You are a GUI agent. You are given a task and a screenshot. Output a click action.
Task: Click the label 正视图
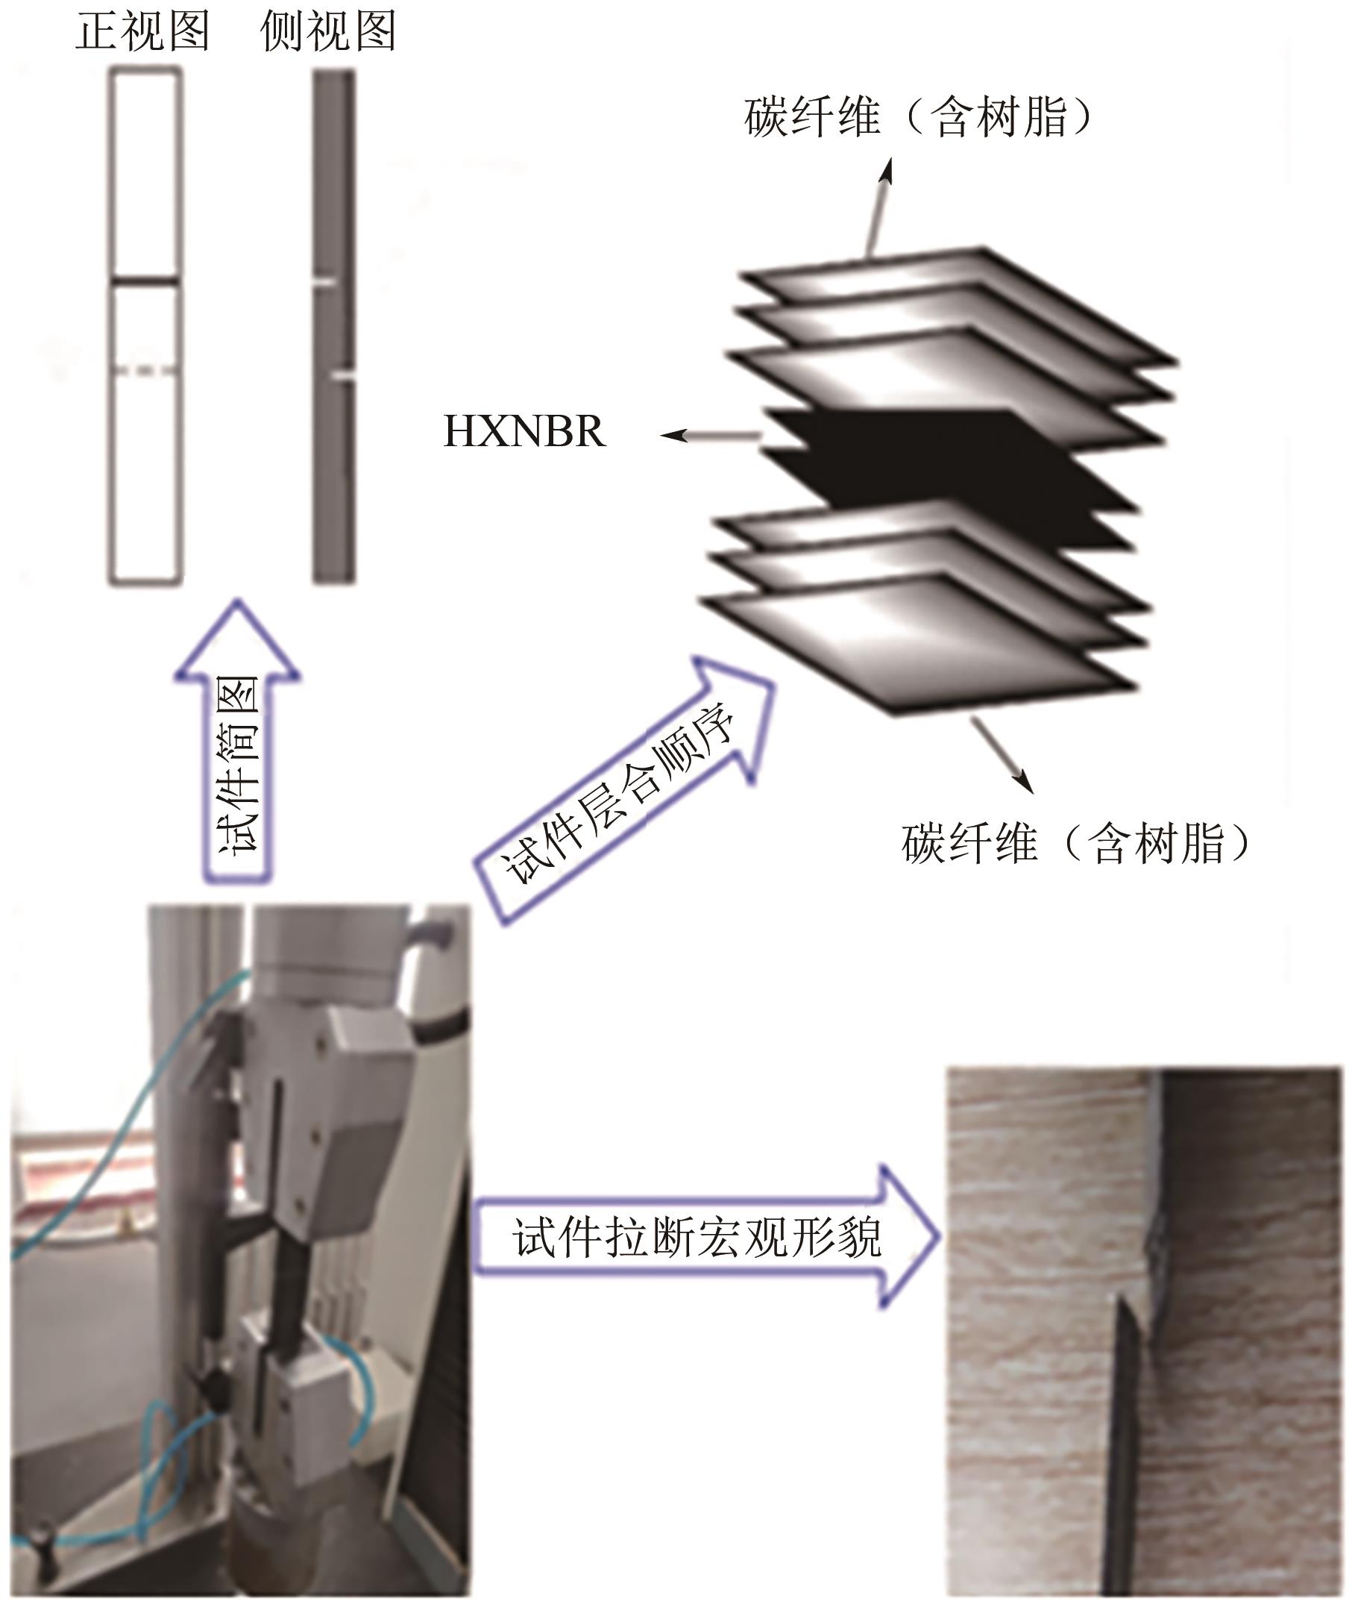pyautogui.click(x=143, y=32)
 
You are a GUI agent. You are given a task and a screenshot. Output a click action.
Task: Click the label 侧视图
pyautogui.click(x=328, y=32)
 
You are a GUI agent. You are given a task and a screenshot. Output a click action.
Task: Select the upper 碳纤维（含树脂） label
pyautogui.click(x=918, y=118)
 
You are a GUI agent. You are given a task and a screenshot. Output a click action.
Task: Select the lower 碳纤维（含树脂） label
pyautogui.click(x=1075, y=843)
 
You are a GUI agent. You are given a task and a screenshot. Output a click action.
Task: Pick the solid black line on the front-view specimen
pyautogui.click(x=145, y=282)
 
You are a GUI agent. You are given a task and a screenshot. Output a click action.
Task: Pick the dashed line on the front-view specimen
pyautogui.click(x=145, y=370)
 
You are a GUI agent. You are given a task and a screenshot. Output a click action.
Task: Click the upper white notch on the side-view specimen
pyautogui.click(x=324, y=284)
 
